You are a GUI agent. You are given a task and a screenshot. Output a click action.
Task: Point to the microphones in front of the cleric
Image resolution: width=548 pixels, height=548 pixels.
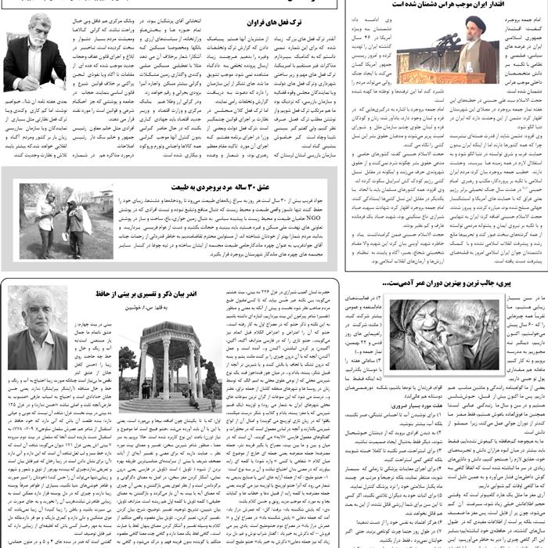coord(445,40)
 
